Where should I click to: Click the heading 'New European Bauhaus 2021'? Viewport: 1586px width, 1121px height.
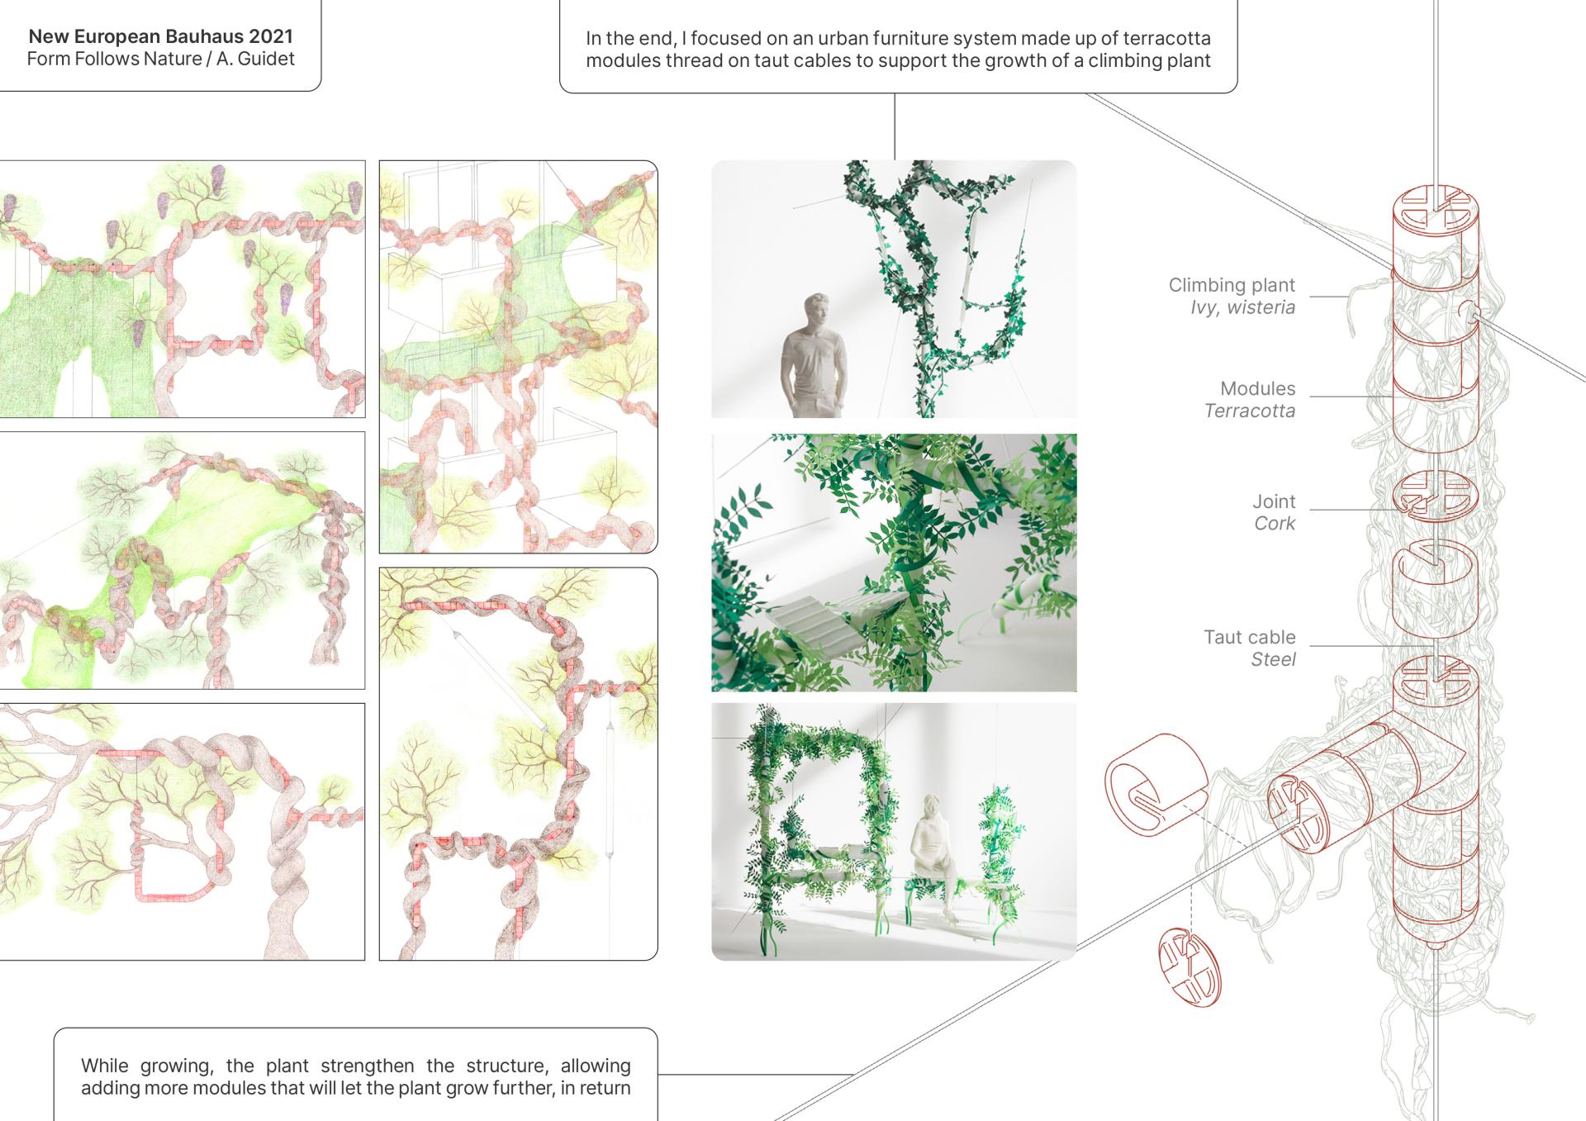click(x=160, y=36)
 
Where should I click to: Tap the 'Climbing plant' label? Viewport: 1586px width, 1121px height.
click(x=1232, y=285)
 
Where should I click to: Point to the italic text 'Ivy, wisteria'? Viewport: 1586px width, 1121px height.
click(x=1242, y=307)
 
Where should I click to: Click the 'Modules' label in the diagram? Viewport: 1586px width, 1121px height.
click(x=1258, y=388)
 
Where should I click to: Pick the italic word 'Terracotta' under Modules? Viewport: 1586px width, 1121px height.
click(x=1250, y=411)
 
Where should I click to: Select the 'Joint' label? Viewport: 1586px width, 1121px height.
click(x=1274, y=501)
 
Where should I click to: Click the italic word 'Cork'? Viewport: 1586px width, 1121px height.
click(x=1275, y=523)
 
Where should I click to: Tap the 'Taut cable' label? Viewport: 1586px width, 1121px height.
click(x=1250, y=637)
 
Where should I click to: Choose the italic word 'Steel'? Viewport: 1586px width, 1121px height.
click(x=1273, y=659)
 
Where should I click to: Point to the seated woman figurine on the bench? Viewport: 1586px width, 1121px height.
click(x=934, y=855)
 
